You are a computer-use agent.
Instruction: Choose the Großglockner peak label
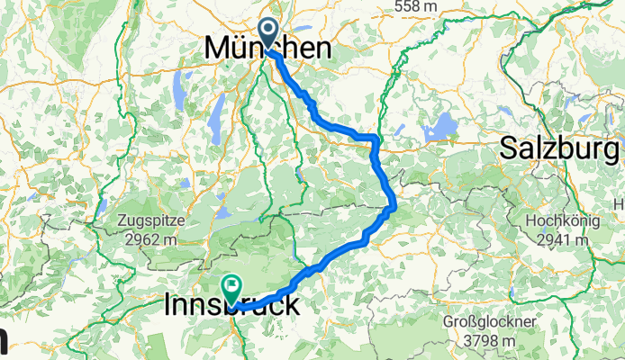coord(490,322)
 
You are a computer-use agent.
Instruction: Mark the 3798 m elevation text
coord(490,340)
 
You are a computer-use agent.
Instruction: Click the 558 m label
coord(416,6)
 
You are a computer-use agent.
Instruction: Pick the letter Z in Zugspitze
coord(122,220)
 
